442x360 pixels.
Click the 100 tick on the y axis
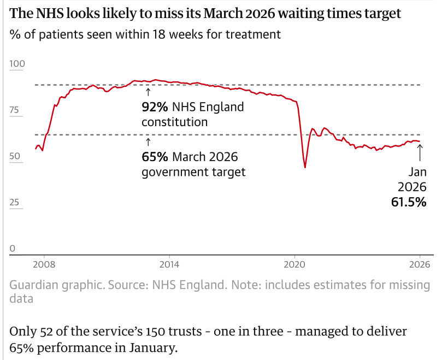point(17,64)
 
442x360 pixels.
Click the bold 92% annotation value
point(155,107)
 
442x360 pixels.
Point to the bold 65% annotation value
point(155,157)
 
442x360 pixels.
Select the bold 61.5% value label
point(409,202)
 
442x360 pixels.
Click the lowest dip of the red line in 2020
point(305,167)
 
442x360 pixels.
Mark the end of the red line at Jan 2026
point(420,141)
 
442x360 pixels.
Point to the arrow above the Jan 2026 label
point(420,153)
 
